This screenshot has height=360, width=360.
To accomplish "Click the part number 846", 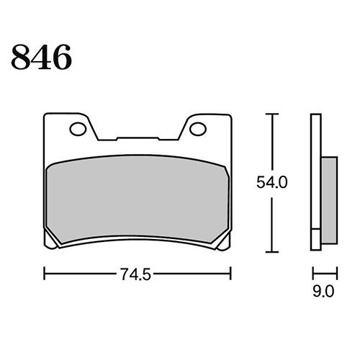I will tap(41, 57).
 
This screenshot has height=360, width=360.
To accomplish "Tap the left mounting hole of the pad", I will tap(76, 130).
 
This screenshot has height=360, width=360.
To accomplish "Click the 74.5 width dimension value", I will tap(137, 274).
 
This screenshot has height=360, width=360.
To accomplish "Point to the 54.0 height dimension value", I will tap(273, 183).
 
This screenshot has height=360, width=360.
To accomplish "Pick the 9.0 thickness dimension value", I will tap(324, 292).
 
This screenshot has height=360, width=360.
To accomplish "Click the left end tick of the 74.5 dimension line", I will tap(45, 274).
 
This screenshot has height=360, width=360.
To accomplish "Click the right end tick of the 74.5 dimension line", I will tap(230, 274).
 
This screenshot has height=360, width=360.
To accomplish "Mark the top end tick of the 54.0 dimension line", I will tap(271, 114).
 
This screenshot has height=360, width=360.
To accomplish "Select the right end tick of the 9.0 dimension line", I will tap(336, 274).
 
